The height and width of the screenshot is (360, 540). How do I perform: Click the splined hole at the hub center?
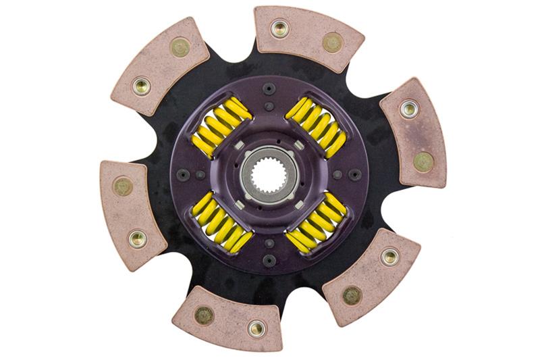269,174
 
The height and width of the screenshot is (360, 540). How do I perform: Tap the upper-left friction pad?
160,66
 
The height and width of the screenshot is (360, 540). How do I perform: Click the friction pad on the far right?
414,133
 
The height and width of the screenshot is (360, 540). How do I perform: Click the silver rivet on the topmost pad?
279,28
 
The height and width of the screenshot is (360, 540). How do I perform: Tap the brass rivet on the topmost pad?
332,43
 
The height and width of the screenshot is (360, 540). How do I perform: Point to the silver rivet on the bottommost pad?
256,328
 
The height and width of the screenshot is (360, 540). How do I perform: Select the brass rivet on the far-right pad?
423,161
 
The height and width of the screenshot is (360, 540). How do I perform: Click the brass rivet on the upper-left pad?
180,47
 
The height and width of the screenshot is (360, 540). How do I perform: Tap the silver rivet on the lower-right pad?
389,256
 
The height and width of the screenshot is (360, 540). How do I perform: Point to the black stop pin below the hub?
269,261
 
